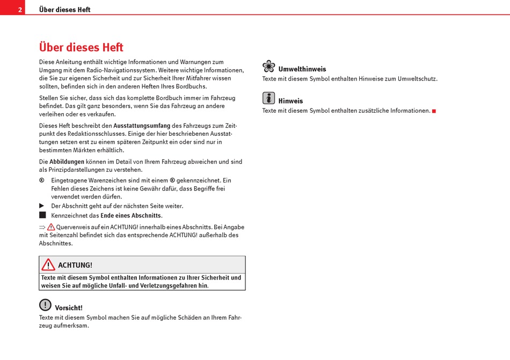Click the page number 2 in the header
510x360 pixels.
click(x=20, y=10)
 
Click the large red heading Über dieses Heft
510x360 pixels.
click(x=81, y=47)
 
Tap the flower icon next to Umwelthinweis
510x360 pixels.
click(x=268, y=67)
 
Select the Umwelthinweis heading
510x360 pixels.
click(x=302, y=69)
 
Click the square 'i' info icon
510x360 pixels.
click(x=268, y=98)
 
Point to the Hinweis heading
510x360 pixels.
click(x=290, y=101)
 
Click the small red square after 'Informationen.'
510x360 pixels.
click(x=434, y=111)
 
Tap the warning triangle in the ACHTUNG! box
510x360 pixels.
click(x=48, y=265)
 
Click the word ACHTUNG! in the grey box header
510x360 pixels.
click(x=75, y=265)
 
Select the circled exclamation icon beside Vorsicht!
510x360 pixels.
click(x=45, y=305)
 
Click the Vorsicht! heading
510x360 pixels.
click(x=69, y=308)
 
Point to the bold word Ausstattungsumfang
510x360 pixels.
click(x=142, y=126)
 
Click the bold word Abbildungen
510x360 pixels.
click(x=67, y=161)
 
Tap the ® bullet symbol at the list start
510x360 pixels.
click(x=42, y=180)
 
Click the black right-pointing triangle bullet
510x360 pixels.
click(x=42, y=206)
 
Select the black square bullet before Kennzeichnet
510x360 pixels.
click(x=42, y=215)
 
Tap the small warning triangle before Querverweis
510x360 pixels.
click(x=51, y=227)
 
